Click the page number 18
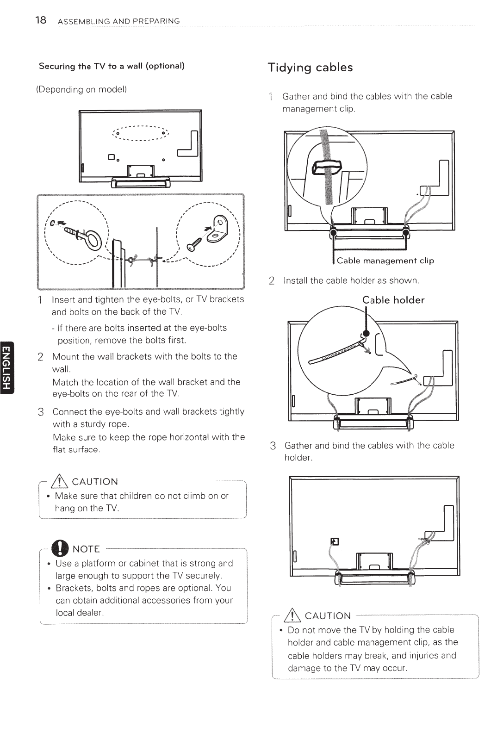(x=41, y=20)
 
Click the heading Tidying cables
(x=310, y=68)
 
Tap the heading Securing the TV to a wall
(x=112, y=66)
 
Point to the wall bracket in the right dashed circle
(x=218, y=230)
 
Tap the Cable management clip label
(x=385, y=261)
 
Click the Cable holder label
(x=393, y=300)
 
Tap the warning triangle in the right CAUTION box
(x=295, y=615)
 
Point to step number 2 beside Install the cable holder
(x=272, y=281)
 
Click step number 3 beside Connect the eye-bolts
(x=41, y=412)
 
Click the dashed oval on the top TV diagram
(x=140, y=133)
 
